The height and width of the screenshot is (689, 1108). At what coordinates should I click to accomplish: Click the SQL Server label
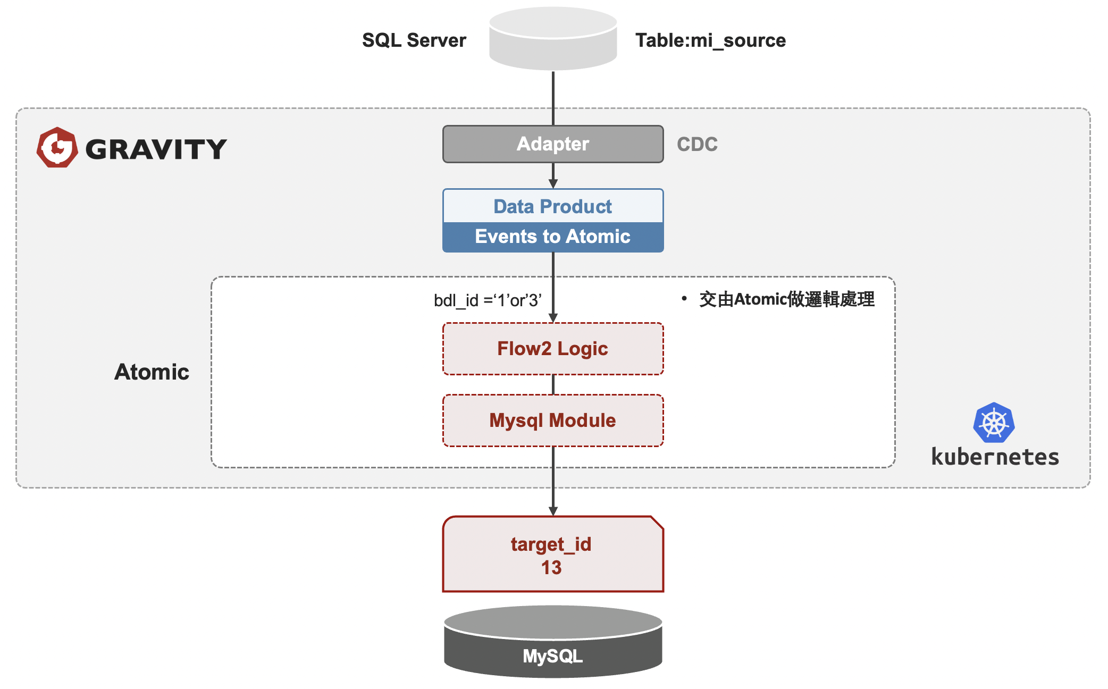(x=414, y=40)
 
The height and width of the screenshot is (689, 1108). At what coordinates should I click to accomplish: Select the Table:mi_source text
(x=710, y=40)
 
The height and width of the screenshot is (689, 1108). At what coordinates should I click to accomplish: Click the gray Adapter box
(x=553, y=144)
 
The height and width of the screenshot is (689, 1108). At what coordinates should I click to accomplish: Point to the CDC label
(x=697, y=144)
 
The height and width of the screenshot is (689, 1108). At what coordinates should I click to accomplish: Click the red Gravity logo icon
(x=57, y=147)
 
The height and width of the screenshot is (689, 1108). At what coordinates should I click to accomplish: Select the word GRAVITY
(x=156, y=149)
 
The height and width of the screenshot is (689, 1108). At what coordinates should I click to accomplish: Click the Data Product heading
(x=553, y=206)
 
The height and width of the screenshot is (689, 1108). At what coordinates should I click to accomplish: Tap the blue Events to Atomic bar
(x=553, y=237)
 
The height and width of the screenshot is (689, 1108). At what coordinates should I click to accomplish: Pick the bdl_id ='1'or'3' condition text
(x=488, y=300)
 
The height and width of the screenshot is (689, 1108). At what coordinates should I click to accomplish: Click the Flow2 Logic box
(x=553, y=349)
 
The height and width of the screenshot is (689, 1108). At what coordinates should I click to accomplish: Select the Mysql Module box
(x=553, y=421)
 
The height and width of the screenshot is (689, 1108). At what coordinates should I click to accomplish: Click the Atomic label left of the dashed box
(x=152, y=372)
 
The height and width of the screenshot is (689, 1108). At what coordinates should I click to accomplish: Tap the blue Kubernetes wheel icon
(x=994, y=423)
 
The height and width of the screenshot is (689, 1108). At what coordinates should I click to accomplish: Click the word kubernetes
(x=995, y=457)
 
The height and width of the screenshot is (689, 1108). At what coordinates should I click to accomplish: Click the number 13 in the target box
(x=551, y=568)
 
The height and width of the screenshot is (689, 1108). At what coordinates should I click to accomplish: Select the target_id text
(x=551, y=544)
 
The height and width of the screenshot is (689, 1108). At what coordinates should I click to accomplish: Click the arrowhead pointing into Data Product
(x=553, y=183)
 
